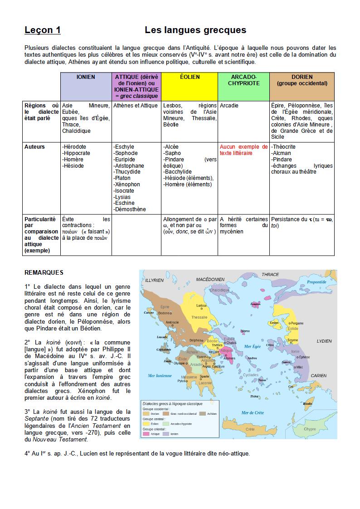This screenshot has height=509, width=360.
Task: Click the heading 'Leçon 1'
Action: pyautogui.click(x=43, y=30)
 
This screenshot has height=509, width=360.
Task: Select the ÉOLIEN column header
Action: pyautogui.click(x=190, y=77)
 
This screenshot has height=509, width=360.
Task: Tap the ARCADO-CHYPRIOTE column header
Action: pyautogui.click(x=243, y=80)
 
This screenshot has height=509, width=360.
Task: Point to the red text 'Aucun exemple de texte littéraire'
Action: pyautogui.click(x=243, y=150)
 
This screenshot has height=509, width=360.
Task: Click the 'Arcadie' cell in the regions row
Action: pyautogui.click(x=229, y=106)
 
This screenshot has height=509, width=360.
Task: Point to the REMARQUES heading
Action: pyautogui.click(x=44, y=272)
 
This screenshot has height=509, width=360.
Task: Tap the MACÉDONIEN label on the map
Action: pyautogui.click(x=210, y=280)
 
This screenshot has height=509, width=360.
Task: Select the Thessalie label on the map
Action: pyautogui.click(x=199, y=317)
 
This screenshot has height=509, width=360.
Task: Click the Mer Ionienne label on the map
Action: pyautogui.click(x=160, y=375)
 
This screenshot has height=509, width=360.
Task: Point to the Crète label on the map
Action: pyautogui.click(x=250, y=429)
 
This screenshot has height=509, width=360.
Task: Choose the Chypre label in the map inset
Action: pyautogui.click(x=310, y=429)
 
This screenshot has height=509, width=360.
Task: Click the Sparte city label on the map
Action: pyautogui.click(x=204, y=376)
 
